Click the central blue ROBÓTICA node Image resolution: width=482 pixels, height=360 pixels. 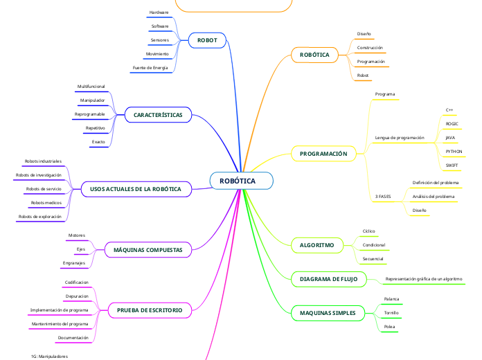(241, 181)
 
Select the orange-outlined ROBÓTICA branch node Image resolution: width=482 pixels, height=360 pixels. (314, 55)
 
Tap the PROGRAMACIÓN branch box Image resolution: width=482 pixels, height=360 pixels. (323, 153)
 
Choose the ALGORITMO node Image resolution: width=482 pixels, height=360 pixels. (316, 246)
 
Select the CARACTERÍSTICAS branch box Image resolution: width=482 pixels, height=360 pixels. (158, 114)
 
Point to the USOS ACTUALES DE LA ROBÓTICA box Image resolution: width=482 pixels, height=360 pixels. (136, 189)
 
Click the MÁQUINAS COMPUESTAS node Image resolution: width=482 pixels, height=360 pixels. (148, 249)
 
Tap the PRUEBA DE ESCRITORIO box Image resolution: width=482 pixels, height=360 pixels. (150, 311)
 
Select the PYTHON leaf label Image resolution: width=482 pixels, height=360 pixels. (454, 151)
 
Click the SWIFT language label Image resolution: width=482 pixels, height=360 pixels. (452, 165)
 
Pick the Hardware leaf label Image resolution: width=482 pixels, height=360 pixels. (159, 12)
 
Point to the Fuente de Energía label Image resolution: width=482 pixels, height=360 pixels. (150, 68)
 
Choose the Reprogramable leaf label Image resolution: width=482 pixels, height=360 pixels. (90, 114)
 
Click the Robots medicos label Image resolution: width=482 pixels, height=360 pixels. (46, 203)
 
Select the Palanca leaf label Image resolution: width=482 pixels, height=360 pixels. (391, 299)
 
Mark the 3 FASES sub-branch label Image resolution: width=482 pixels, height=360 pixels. (383, 197)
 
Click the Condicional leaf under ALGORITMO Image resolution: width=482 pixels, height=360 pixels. (374, 245)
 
